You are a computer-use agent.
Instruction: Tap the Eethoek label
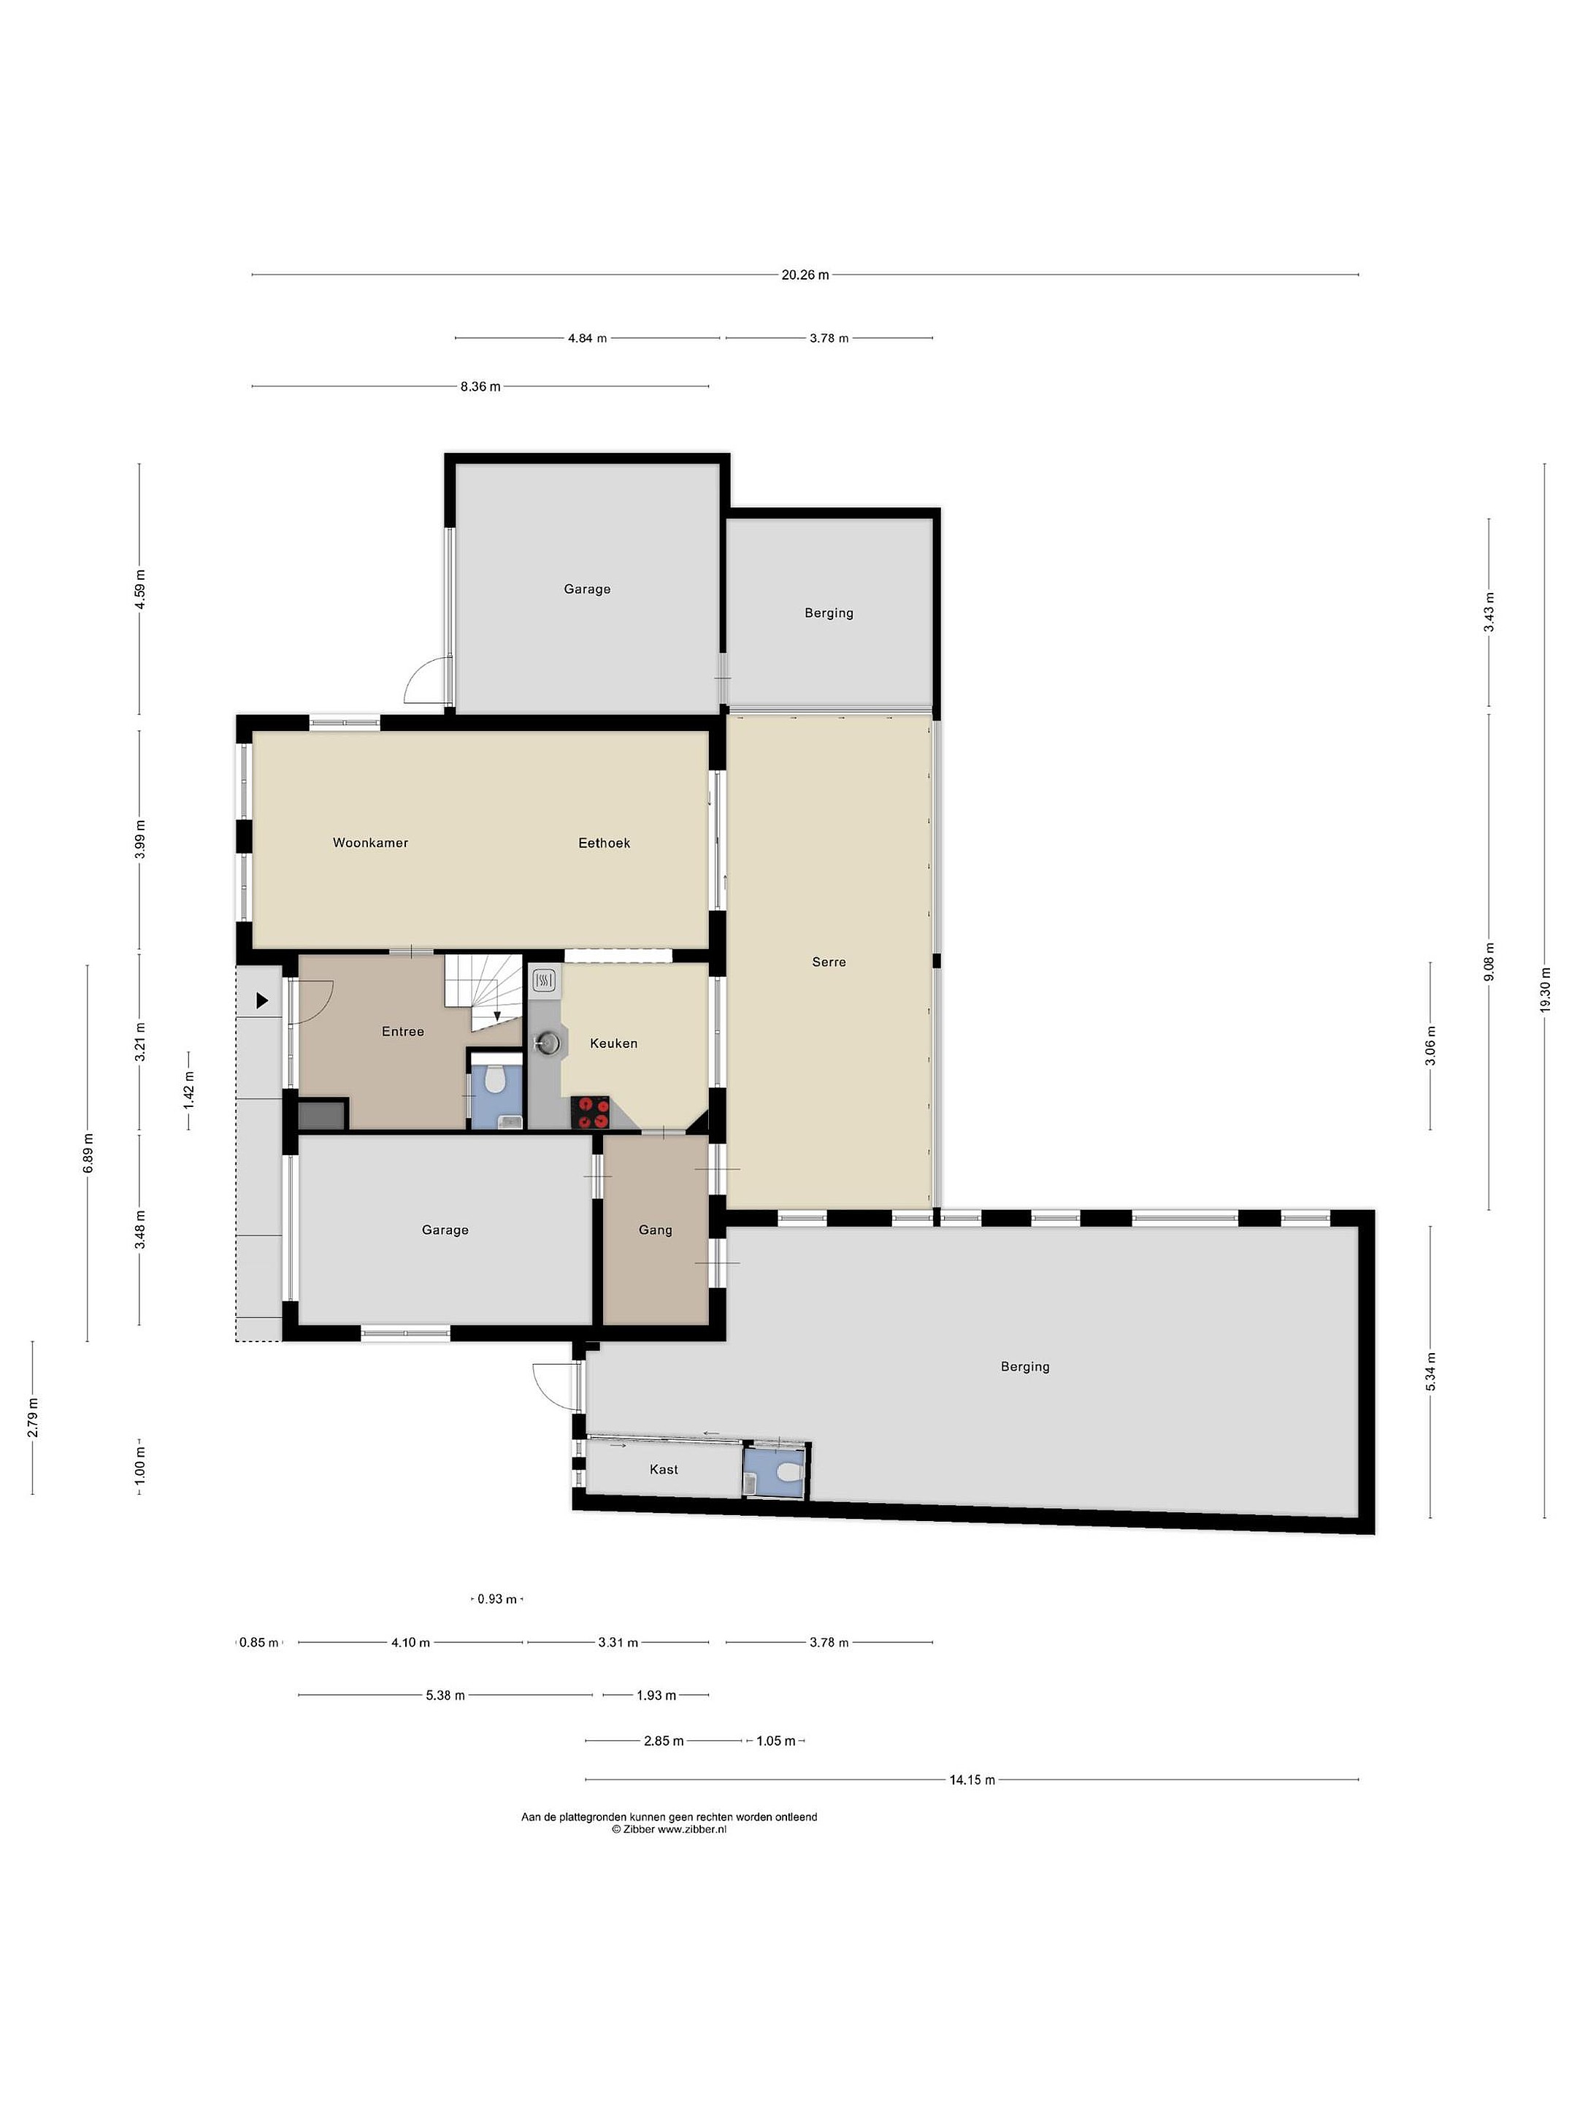point(604,843)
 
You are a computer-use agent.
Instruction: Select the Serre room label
point(829,961)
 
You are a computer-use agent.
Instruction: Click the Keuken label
point(613,1043)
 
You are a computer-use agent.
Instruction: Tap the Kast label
point(664,1470)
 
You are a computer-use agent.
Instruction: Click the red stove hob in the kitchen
point(591,1112)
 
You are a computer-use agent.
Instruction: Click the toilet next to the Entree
point(494,1079)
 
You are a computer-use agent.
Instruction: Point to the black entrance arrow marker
point(262,1000)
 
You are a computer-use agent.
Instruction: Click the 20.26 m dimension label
point(805,275)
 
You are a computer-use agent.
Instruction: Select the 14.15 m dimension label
point(972,1780)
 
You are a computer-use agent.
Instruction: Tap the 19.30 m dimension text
point(1545,991)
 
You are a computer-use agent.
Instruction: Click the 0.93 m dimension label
point(497,1599)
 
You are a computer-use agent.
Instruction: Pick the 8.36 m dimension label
point(480,387)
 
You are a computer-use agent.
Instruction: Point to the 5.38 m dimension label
point(445,1695)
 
